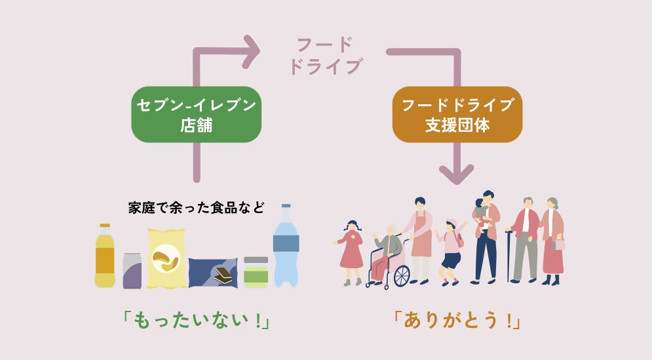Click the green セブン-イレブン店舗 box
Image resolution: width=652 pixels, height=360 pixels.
point(196,114)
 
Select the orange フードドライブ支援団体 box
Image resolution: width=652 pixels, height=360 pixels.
point(457,114)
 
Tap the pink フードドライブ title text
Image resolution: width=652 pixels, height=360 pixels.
point(325,56)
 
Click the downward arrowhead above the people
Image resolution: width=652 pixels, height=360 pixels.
point(456,174)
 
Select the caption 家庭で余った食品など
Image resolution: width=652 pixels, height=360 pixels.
point(196,209)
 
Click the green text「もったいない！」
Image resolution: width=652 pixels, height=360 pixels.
point(196,321)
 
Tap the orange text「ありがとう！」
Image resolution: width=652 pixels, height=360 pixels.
point(457,321)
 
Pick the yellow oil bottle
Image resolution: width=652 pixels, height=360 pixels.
point(105,257)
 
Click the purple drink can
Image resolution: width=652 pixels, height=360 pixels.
point(132,270)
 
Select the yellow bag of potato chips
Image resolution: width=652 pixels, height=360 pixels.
point(166,259)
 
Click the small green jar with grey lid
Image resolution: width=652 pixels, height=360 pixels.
point(256,271)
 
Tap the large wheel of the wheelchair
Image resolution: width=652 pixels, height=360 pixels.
point(400,275)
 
